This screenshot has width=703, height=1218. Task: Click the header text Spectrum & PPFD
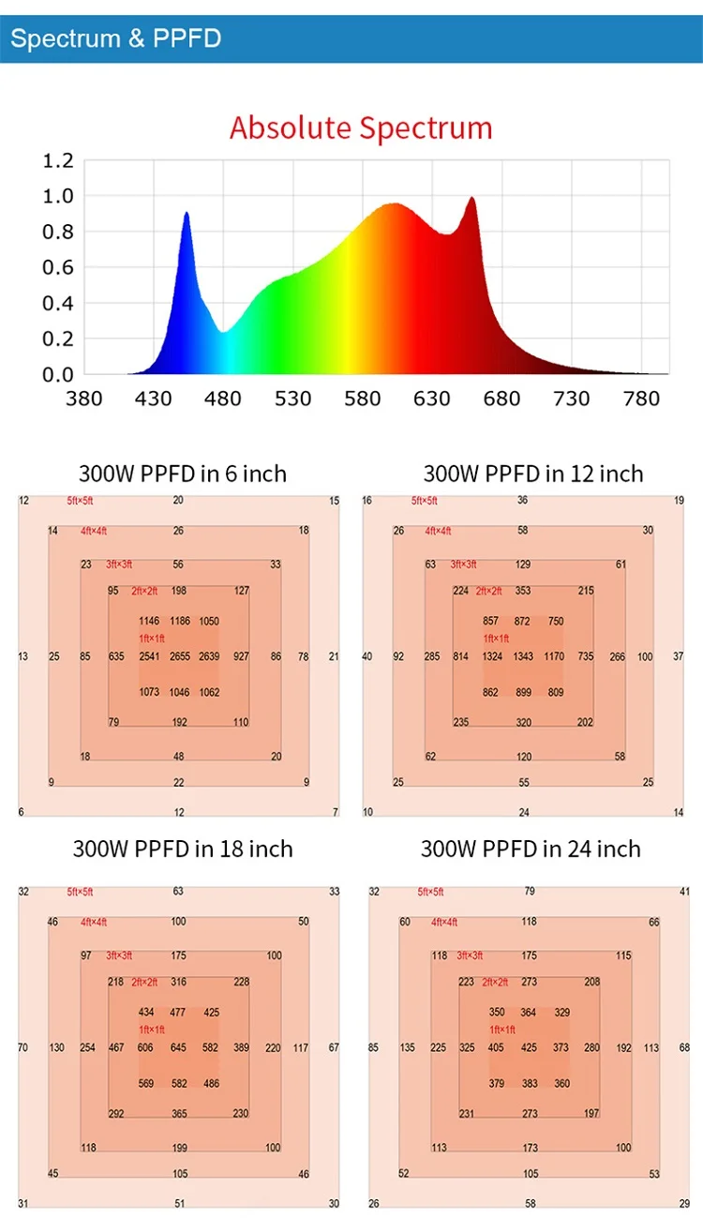pos(115,38)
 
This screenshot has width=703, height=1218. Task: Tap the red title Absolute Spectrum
pos(361,128)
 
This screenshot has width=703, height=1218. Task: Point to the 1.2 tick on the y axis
pos(58,161)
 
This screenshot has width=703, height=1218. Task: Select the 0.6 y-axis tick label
pos(58,268)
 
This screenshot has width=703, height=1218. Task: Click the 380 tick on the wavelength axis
pos(84,398)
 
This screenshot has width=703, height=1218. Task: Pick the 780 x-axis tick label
pos(641,398)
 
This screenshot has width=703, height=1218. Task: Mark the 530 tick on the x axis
pos(293,398)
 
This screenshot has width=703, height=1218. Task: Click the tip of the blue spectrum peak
pos(187,214)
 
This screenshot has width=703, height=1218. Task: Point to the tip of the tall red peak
pos(471,198)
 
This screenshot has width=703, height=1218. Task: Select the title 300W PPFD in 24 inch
pos(531,849)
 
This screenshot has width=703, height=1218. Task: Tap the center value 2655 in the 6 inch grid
pos(179,656)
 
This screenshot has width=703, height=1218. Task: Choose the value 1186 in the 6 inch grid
pos(179,621)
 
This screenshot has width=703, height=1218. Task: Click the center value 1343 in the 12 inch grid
pos(523,656)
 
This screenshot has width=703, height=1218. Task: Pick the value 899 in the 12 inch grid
pos(523,692)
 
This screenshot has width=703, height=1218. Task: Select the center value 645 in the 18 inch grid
pos(179,1047)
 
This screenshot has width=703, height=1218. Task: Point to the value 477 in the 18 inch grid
pos(178,1013)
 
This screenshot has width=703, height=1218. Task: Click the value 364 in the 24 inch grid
pos(529,1013)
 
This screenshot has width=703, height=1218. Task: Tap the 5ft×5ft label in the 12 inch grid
pos(425,501)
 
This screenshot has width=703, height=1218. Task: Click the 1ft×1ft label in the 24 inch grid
pos(502,1030)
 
